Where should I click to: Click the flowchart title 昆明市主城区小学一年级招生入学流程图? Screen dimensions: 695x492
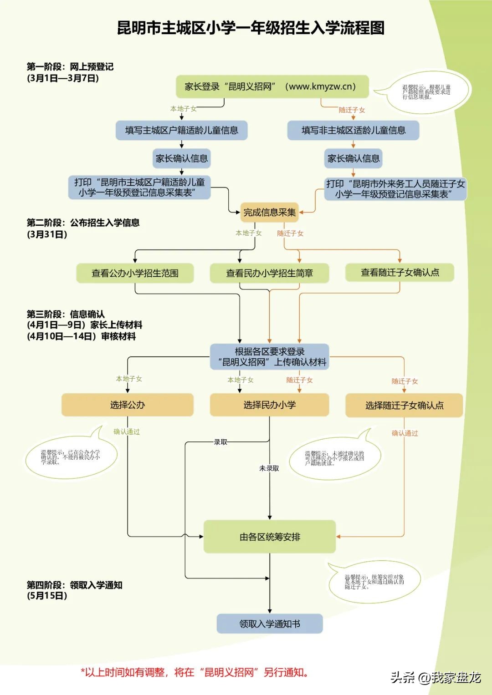[x=251, y=28]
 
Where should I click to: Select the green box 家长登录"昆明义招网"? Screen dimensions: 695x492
[x=272, y=86]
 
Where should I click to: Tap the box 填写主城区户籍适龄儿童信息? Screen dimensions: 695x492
[x=181, y=131]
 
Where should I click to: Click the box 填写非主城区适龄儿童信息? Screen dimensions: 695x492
[x=353, y=131]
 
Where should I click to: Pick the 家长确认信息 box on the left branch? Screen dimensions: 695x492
[x=181, y=158]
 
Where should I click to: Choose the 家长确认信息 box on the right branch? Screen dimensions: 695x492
[x=353, y=158]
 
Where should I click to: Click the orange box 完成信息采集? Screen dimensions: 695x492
[x=269, y=212]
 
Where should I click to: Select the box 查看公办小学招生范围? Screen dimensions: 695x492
[x=135, y=273]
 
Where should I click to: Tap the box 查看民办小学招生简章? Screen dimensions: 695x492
[x=269, y=273]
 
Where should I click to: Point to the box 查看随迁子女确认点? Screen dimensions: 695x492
[x=400, y=273]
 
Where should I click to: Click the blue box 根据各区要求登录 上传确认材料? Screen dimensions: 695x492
[x=269, y=357]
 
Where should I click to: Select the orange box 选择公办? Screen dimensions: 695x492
[x=128, y=405]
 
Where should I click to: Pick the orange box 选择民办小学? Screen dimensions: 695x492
[x=269, y=405]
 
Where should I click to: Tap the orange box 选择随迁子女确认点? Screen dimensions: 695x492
[x=404, y=405]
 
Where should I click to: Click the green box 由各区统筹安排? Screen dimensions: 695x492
[x=269, y=537]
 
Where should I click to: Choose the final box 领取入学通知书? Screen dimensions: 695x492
[x=269, y=624]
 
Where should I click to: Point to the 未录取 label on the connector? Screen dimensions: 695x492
[x=269, y=468]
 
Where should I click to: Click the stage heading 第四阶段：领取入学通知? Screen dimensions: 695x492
[x=74, y=585]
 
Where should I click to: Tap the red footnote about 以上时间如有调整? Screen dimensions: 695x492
[x=195, y=672]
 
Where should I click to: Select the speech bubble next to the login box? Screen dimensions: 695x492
[x=426, y=92]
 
